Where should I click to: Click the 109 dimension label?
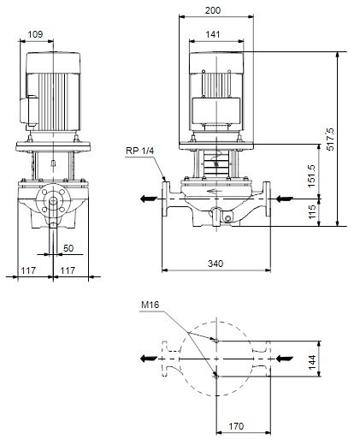click(35, 34)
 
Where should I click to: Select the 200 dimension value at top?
click(213, 10)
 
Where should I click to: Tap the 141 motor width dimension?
click(213, 34)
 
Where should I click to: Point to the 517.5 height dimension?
click(330, 139)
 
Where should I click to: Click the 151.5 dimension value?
click(312, 175)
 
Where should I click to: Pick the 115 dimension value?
click(312, 211)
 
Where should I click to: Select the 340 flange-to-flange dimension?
click(215, 264)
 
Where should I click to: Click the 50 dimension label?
click(68, 248)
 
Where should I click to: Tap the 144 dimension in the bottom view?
click(312, 362)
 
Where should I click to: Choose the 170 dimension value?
click(236, 426)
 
